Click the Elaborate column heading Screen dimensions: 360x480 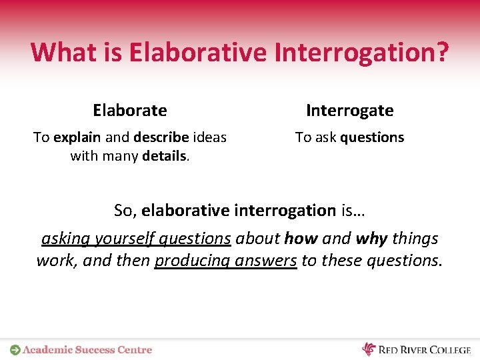pos(130,110)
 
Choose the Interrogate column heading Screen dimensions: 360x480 pos(350,110)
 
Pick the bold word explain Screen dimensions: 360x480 pos(77,137)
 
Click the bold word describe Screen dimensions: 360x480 pos(161,137)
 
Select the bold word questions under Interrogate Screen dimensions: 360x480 pos(372,137)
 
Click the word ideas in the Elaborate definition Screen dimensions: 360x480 pos(209,137)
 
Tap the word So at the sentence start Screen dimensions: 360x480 pos(123,211)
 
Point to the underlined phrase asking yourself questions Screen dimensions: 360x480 pos(136,239)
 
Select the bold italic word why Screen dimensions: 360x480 pos(372,239)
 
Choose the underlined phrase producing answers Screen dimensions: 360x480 pos(225,261)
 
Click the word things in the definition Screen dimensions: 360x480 pos(415,239)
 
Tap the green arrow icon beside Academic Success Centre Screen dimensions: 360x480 pos(15,349)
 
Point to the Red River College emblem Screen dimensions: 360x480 pos(369,349)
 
